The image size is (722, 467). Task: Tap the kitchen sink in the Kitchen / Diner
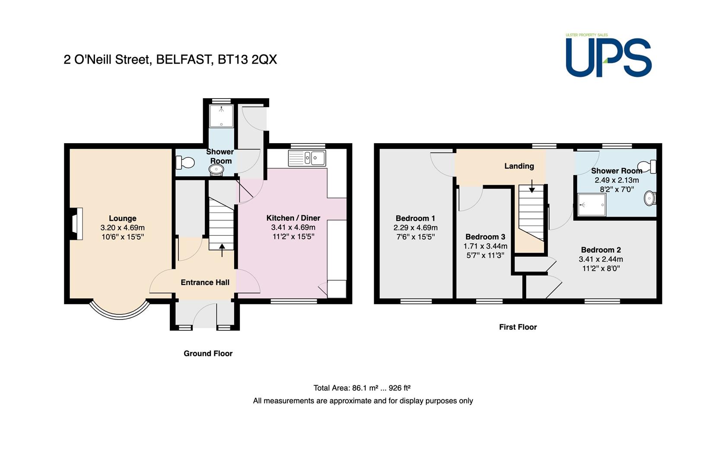point(307,158)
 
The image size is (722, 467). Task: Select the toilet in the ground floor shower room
point(185,163)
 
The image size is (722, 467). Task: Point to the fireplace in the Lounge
point(77,224)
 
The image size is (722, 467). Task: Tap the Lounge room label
point(122,218)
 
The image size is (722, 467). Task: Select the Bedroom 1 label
point(416,218)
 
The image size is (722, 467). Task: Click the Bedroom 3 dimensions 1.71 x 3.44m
point(485,246)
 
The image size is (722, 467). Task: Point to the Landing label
point(519,166)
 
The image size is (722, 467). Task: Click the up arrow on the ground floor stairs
point(222,250)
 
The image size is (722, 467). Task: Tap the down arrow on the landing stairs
point(532,186)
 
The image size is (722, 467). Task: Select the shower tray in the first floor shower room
point(592,205)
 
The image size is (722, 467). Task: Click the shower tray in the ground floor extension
point(221,116)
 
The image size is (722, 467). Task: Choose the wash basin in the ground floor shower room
point(216,170)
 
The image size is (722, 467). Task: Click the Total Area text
point(362,388)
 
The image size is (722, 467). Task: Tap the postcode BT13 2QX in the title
point(247,60)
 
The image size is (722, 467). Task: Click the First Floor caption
point(518,327)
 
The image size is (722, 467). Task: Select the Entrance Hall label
point(205,282)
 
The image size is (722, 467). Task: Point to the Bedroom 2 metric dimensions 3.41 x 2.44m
point(601,259)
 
